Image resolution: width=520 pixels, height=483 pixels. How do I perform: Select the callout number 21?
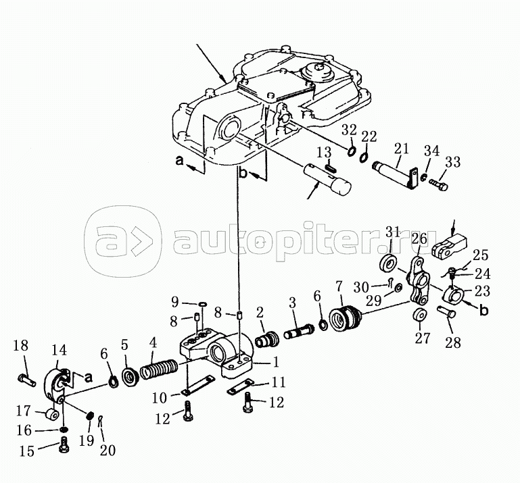[402, 149]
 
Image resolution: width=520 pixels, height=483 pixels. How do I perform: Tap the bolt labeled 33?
[439, 184]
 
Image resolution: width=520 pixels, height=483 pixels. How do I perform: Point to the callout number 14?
[59, 350]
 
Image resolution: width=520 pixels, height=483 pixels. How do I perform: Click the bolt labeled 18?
[26, 380]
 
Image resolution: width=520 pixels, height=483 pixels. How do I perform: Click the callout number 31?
[394, 232]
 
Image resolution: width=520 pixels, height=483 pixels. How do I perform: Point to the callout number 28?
[452, 342]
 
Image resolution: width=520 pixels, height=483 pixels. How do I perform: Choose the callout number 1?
[276, 362]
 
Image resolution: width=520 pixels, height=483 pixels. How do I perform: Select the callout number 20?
[108, 450]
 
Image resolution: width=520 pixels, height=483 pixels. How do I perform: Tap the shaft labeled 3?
[299, 331]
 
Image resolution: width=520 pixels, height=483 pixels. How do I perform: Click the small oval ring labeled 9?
[202, 303]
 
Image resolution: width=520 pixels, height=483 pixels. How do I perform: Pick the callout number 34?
[432, 151]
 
